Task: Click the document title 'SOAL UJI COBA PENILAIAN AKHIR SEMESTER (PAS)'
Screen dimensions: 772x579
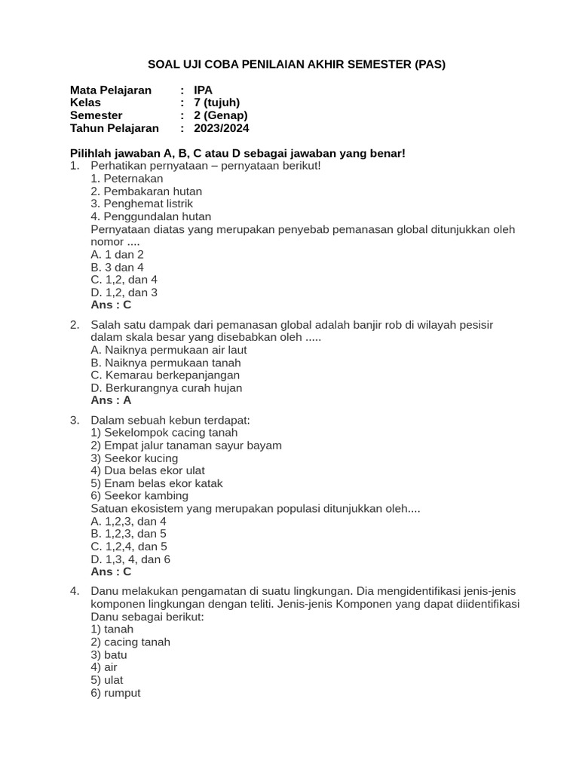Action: pyautogui.click(x=296, y=64)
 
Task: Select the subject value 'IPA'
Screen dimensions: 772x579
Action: pyautogui.click(x=204, y=90)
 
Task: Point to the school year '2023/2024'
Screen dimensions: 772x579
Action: pyautogui.click(x=221, y=128)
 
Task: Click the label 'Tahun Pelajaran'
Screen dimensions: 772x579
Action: pyautogui.click(x=115, y=128)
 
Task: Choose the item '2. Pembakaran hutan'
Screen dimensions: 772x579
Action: pyautogui.click(x=146, y=191)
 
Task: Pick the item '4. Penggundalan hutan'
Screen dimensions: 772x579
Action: pyautogui.click(x=151, y=216)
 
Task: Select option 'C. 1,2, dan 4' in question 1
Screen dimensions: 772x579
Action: pyautogui.click(x=124, y=280)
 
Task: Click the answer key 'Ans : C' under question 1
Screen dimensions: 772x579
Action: pyautogui.click(x=111, y=305)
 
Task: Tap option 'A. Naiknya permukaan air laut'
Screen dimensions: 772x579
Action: pyautogui.click(x=168, y=350)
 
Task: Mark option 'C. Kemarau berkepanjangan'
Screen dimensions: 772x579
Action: pyautogui.click(x=165, y=375)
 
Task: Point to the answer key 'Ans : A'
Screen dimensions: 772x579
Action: pyautogui.click(x=111, y=400)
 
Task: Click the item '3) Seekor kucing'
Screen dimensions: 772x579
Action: pyautogui.click(x=134, y=458)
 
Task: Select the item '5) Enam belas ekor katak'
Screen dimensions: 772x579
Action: pyautogui.click(x=156, y=483)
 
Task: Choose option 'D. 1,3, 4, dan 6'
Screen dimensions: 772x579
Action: pyautogui.click(x=130, y=559)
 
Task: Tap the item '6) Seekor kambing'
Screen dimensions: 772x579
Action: pyautogui.click(x=139, y=496)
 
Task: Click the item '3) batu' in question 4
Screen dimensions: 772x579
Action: pyautogui.click(x=109, y=655)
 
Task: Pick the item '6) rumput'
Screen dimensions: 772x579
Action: pyautogui.click(x=115, y=693)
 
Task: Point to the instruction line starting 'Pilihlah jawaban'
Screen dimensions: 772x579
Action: pyautogui.click(x=237, y=153)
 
